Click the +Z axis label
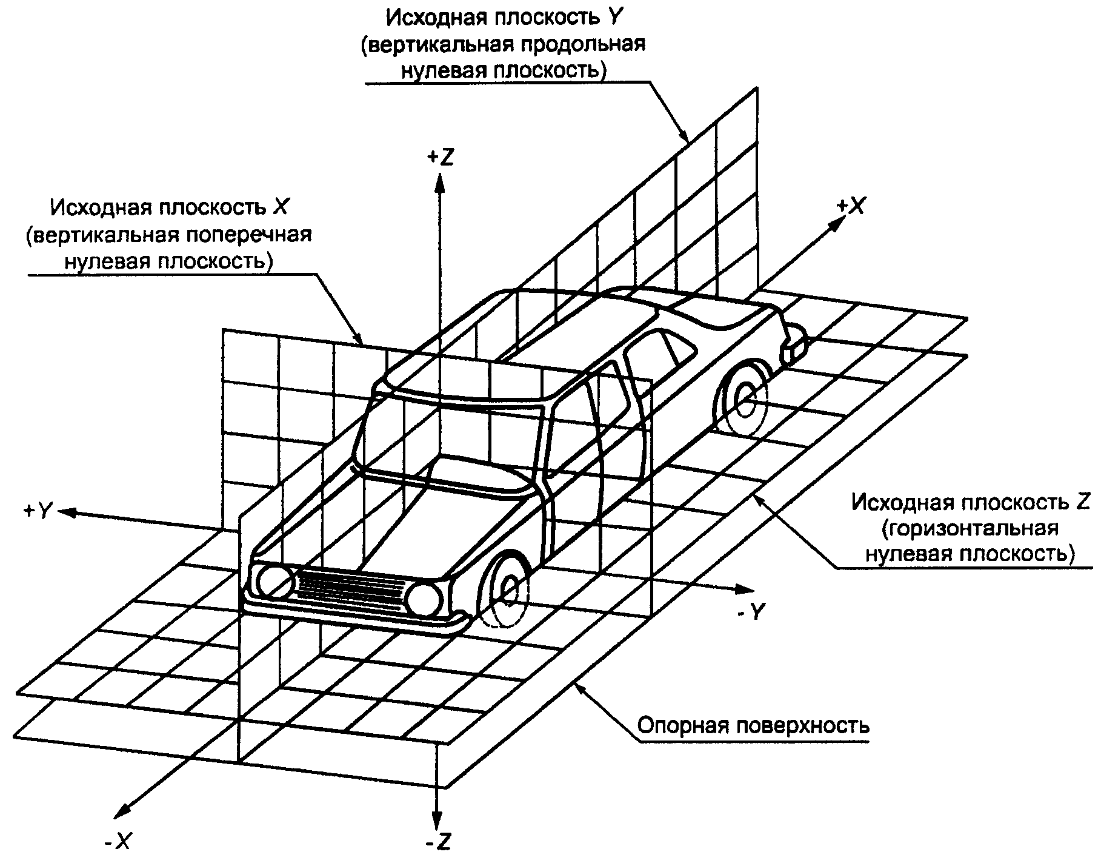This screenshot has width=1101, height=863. [441, 157]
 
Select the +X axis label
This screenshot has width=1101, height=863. [850, 207]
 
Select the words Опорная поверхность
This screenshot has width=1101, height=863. [754, 725]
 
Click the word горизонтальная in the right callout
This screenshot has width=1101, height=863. [970, 528]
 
